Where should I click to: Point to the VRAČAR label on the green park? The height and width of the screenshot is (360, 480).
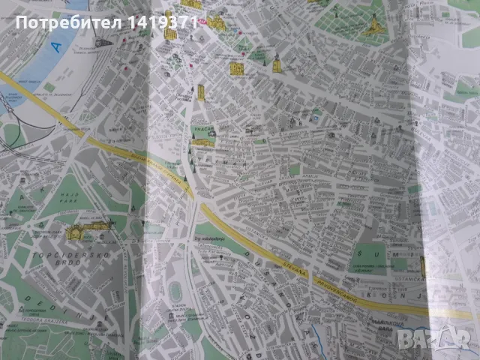pyautogui.click(x=202, y=128)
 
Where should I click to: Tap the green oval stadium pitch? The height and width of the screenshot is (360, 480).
pyautogui.click(x=175, y=290)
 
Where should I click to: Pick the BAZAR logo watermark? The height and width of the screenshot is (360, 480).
pyautogui.click(x=450, y=341)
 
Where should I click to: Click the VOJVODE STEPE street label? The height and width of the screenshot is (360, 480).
pyautogui.click(x=247, y=315)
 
